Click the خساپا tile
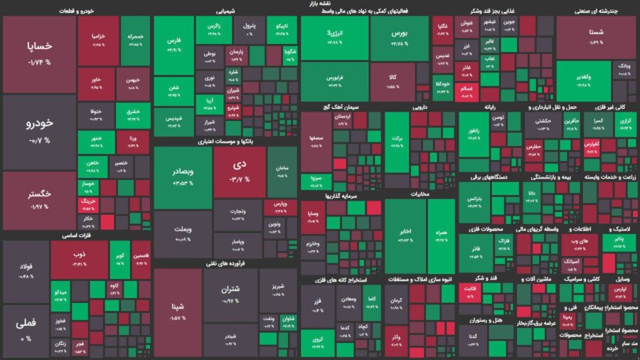[x=39, y=53]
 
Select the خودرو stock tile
[x=39, y=132]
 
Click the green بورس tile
[x=400, y=38]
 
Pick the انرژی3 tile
[x=334, y=38]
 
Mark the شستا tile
[x=596, y=36]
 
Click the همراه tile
[x=441, y=235]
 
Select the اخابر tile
[x=404, y=235]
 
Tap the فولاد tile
[x=26, y=270]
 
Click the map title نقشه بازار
[x=320, y=4]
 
